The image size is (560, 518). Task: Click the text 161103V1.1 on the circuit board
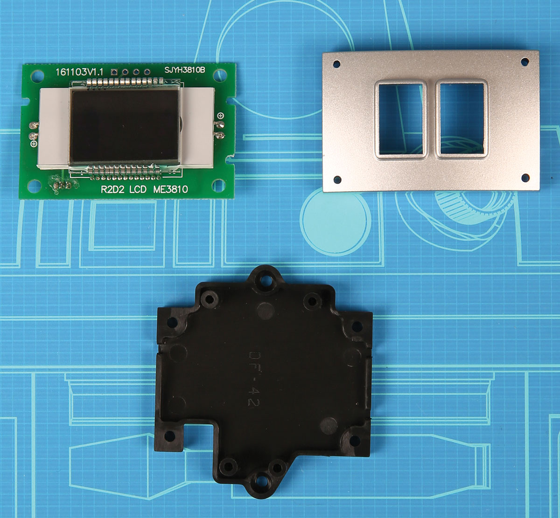tap(79, 72)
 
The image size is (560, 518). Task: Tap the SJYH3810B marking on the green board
tap(185, 70)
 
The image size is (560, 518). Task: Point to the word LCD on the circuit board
tap(138, 189)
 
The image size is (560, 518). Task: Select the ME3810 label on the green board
tap(171, 189)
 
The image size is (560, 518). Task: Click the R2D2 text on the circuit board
tap(112, 189)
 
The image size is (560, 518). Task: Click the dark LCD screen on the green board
tap(124, 126)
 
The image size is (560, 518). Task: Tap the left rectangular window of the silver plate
tap(400, 119)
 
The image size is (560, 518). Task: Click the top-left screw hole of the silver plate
tap(336, 64)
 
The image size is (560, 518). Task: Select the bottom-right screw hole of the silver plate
tap(525, 178)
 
